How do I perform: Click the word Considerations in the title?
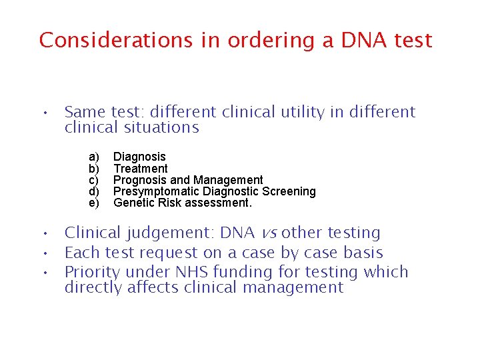pyautogui.click(x=115, y=40)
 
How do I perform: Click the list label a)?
pyautogui.click(x=94, y=157)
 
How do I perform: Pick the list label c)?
pyautogui.click(x=94, y=180)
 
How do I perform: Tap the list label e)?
pyautogui.click(x=94, y=203)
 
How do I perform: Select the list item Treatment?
pyautogui.click(x=141, y=169)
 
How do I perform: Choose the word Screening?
pyautogui.click(x=289, y=191)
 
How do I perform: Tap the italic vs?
pyautogui.click(x=269, y=233)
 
